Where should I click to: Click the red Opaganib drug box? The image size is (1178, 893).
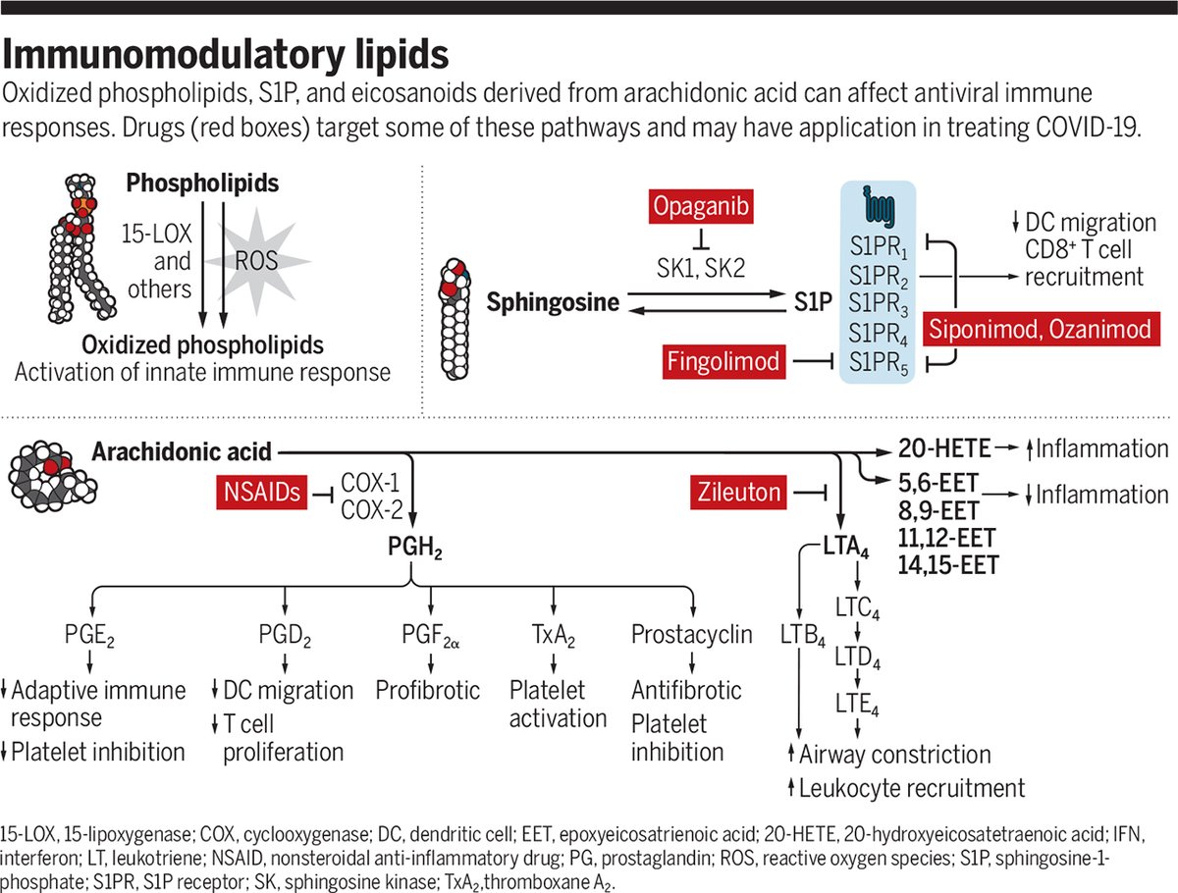pyautogui.click(x=700, y=209)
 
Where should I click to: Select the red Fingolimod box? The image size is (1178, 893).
pyautogui.click(x=726, y=362)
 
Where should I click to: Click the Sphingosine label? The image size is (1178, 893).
pyautogui.click(x=553, y=302)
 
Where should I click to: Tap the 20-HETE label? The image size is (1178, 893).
pyautogui.click(x=939, y=450)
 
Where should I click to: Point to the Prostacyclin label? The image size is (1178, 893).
pyautogui.click(x=692, y=634)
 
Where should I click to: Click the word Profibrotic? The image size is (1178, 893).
pyautogui.click(x=428, y=689)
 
